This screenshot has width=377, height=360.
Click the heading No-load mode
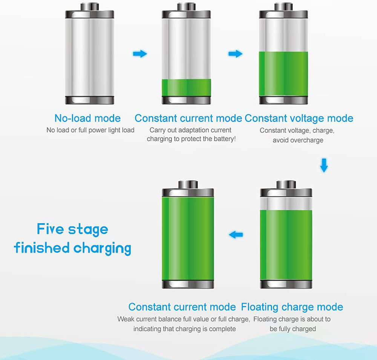[87, 118]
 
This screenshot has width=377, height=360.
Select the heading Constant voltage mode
[299, 118]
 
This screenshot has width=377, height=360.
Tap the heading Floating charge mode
[292, 307]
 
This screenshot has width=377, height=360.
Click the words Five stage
[72, 229]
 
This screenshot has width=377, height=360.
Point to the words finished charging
[73, 248]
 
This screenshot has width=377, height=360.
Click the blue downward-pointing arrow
[324, 165]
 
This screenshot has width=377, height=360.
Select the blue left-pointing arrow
[236, 234]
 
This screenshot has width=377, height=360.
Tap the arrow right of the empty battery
[140, 54]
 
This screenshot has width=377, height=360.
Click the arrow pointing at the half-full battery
[235, 54]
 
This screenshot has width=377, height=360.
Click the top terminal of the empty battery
[89, 7]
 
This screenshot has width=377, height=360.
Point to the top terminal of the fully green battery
[188, 185]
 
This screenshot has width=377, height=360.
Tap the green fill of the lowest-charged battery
[186, 88]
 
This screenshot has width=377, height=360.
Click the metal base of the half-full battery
[284, 100]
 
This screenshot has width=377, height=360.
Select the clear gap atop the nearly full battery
[286, 203]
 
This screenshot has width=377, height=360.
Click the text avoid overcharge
[298, 140]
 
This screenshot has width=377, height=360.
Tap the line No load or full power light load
[90, 130]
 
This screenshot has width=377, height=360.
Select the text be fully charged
[293, 329]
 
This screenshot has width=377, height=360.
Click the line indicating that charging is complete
[185, 329]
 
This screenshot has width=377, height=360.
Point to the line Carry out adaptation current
[190, 130]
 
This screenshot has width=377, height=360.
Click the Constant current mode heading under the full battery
[182, 307]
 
